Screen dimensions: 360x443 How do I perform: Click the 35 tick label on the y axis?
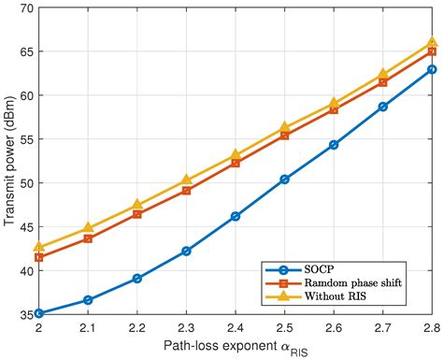(x=25, y=315)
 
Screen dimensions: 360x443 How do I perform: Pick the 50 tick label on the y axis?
(x=25, y=183)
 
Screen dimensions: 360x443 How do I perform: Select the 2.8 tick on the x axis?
(x=432, y=328)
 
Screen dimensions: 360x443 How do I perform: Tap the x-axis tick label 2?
(x=38, y=328)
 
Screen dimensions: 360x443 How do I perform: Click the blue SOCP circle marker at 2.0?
(x=38, y=313)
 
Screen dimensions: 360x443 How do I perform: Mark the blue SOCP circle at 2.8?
(x=432, y=69)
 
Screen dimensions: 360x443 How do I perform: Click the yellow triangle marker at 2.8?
(x=432, y=42)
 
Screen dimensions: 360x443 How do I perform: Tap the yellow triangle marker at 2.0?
(x=38, y=248)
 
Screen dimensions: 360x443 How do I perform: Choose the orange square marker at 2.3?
(x=186, y=190)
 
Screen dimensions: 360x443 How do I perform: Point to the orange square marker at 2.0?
(x=38, y=257)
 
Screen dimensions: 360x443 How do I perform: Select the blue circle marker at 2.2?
(x=136, y=278)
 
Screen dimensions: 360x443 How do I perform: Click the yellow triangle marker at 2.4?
(x=235, y=155)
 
